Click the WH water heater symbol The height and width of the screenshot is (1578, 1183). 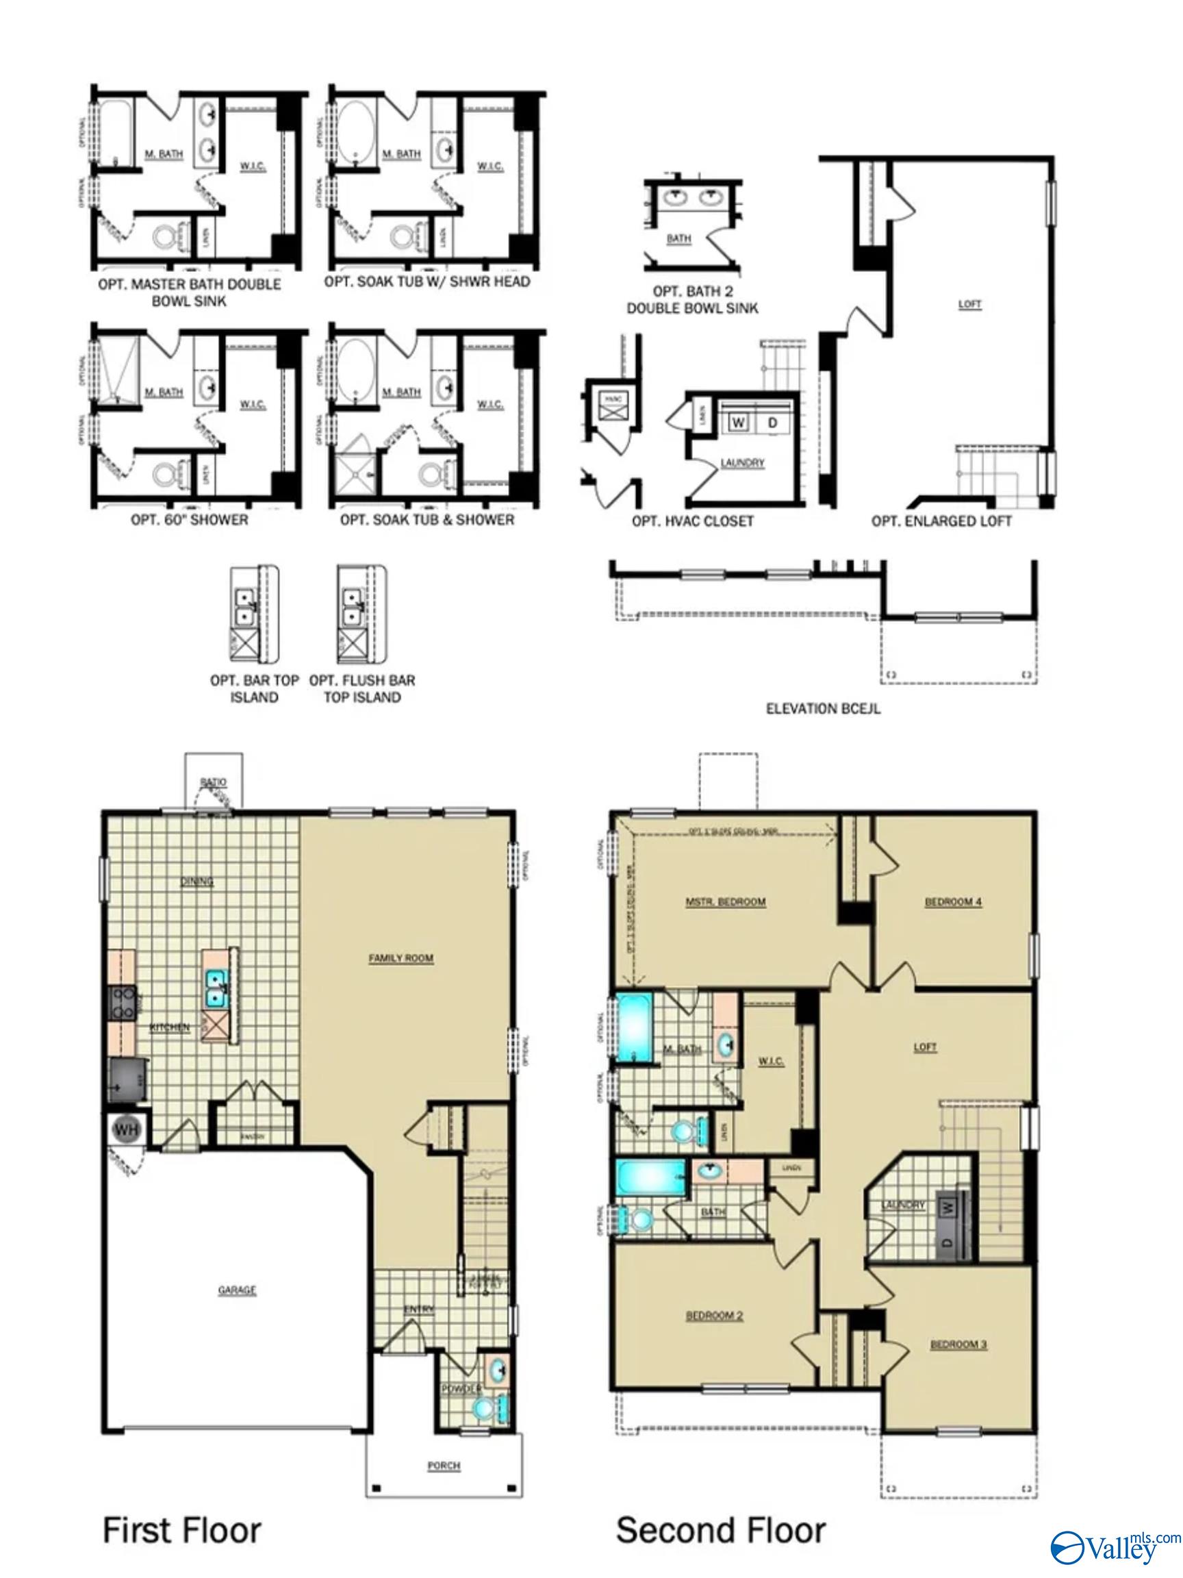[126, 1129]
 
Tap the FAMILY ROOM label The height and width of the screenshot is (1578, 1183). [400, 957]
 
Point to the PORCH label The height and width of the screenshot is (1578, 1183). [444, 1465]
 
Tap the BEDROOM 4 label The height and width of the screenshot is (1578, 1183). [953, 902]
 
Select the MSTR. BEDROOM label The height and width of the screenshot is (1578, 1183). [725, 902]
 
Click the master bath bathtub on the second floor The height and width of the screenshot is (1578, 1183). [633, 1029]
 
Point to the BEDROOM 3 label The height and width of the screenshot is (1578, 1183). [958, 1344]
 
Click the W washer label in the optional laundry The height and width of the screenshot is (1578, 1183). [739, 423]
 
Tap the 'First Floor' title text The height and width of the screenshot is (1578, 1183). [182, 1531]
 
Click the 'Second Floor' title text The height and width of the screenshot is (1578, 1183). [720, 1531]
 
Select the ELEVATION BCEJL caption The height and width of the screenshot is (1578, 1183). [822, 708]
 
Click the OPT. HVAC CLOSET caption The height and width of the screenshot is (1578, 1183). [691, 521]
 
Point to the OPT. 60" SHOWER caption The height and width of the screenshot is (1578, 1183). [189, 519]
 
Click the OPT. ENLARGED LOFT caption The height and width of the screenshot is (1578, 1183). [941, 521]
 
